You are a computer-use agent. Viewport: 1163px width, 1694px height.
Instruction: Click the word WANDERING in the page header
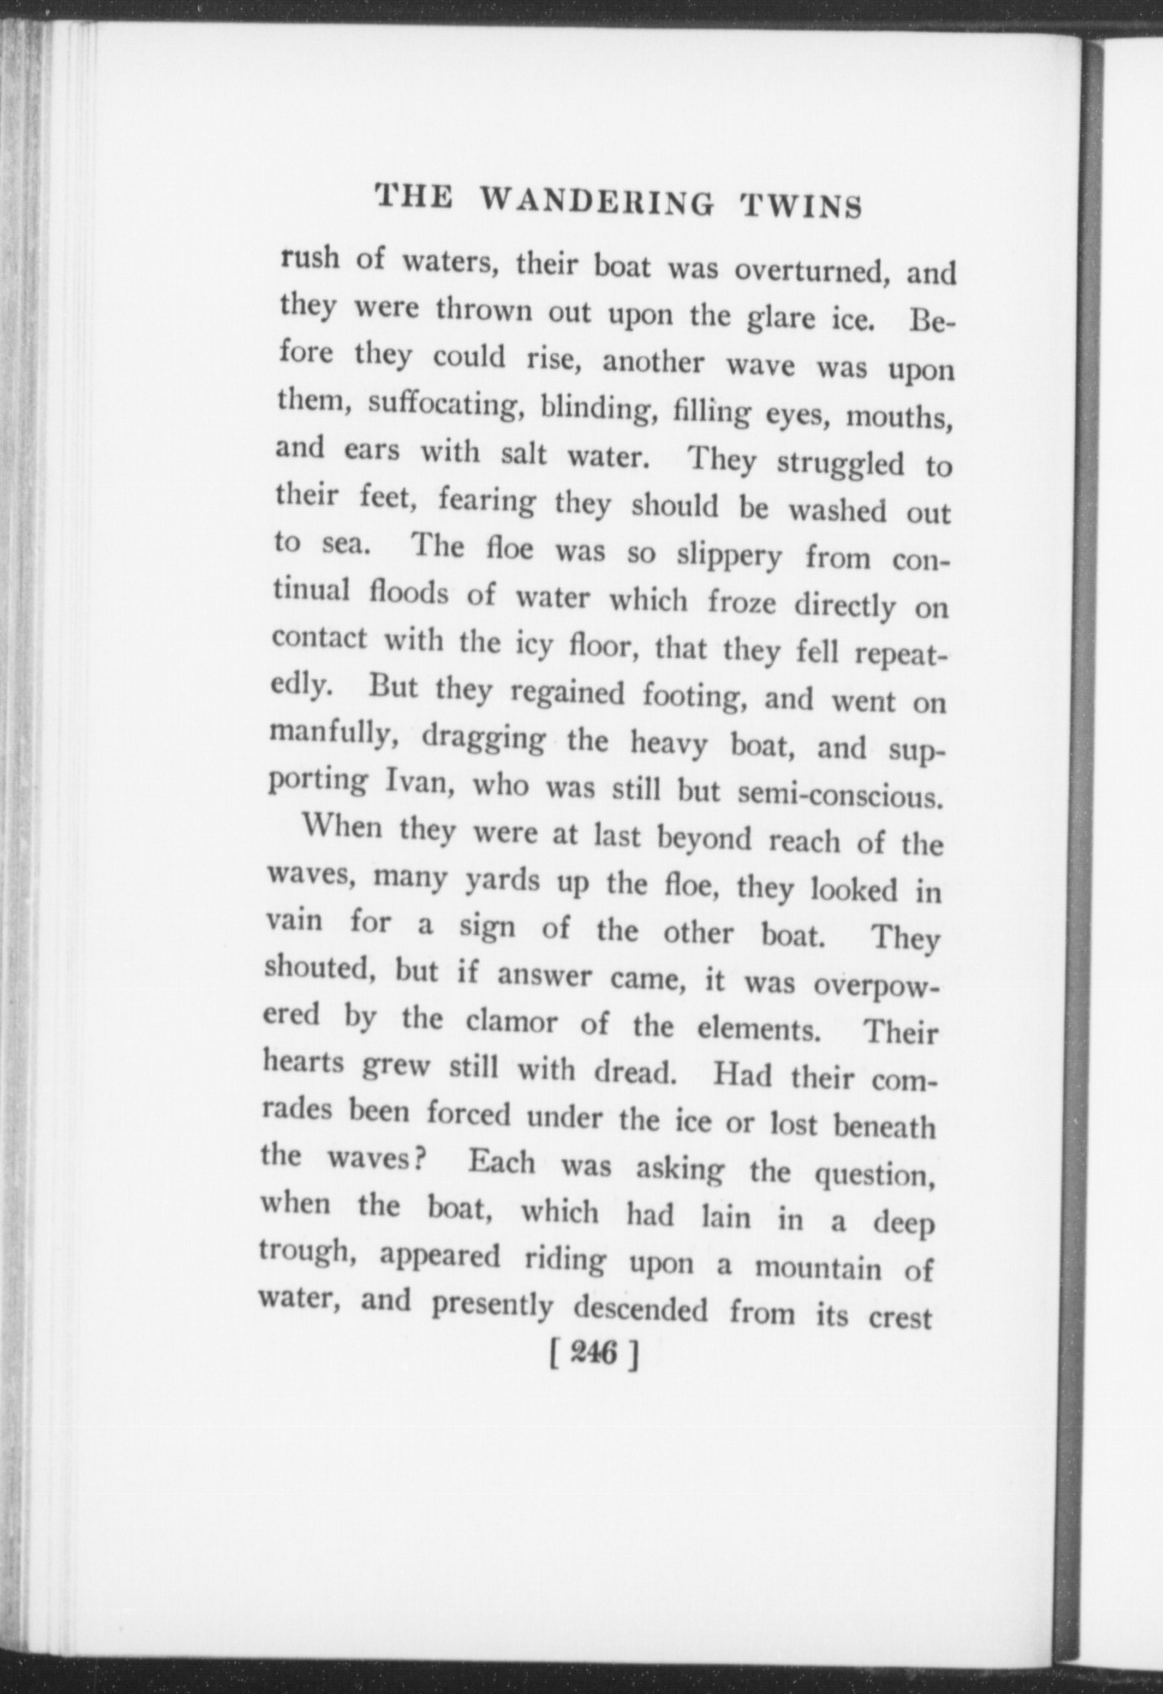pos(597,202)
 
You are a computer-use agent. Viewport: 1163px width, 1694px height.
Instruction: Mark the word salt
pos(524,454)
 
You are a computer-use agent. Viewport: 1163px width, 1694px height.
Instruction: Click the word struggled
pos(841,463)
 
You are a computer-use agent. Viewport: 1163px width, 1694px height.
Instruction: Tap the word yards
pos(503,879)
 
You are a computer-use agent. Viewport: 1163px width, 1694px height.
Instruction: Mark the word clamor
pos(512,1021)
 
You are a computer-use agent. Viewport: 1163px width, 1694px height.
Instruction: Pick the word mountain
pos(818,1265)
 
